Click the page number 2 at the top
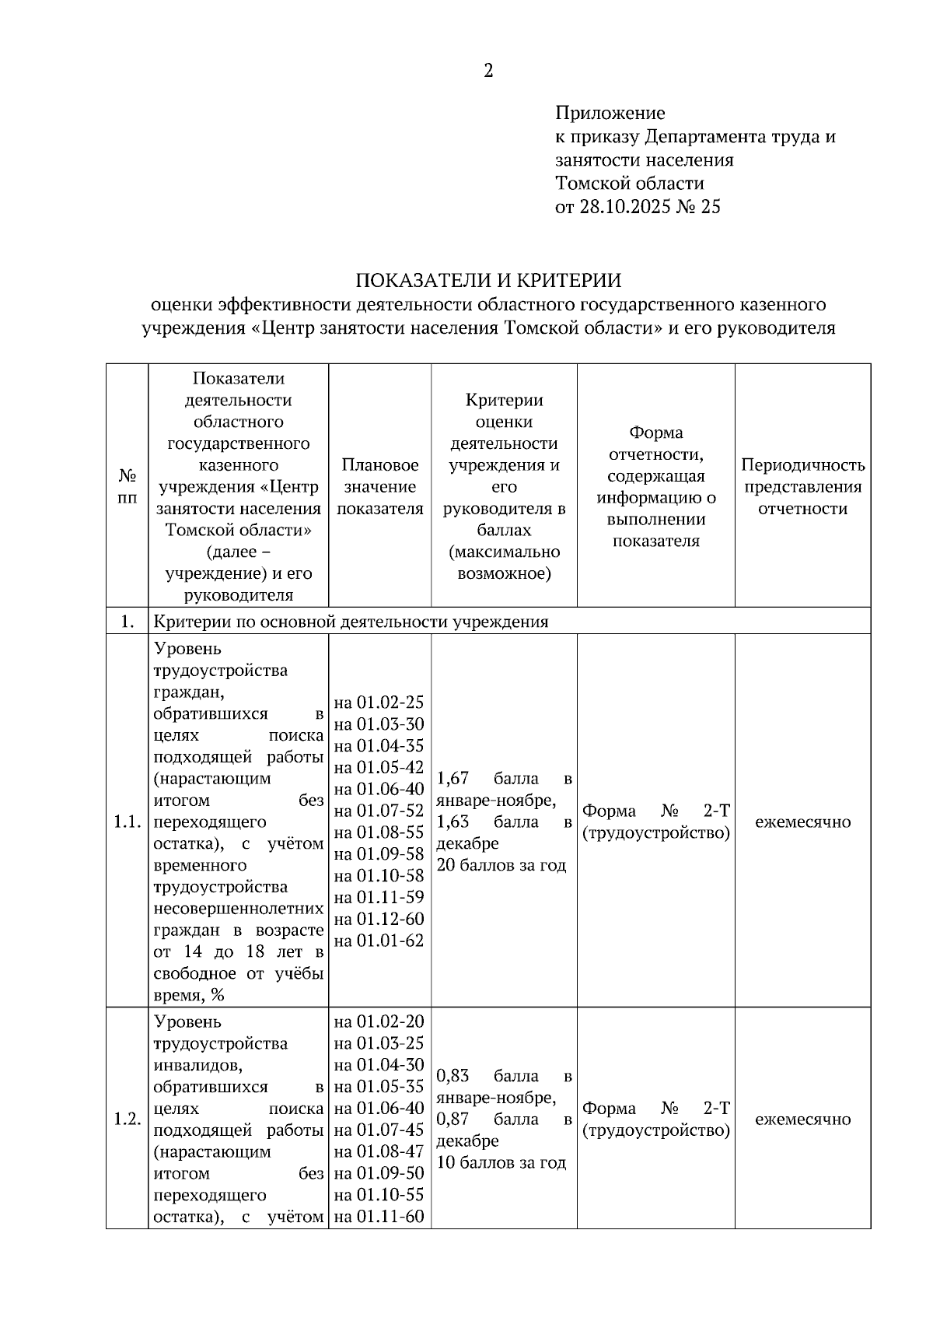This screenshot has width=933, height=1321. [x=488, y=72]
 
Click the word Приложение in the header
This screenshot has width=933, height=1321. [x=610, y=114]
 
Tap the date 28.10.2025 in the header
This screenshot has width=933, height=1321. [x=624, y=207]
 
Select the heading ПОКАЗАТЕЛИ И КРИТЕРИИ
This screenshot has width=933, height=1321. [x=488, y=280]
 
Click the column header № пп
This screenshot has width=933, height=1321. [x=127, y=486]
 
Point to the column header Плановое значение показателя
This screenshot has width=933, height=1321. [x=379, y=486]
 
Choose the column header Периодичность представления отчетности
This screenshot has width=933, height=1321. [x=802, y=486]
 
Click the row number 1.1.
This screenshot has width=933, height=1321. [x=127, y=822]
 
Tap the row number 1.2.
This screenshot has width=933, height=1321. [x=127, y=1119]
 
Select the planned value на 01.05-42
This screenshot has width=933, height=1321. [x=379, y=768]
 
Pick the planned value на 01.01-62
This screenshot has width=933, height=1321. [x=379, y=941]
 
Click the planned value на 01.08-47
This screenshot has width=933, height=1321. [x=379, y=1151]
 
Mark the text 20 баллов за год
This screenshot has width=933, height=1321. [x=501, y=865]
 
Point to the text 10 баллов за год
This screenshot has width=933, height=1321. [x=501, y=1162]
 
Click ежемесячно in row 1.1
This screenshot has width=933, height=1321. [x=802, y=822]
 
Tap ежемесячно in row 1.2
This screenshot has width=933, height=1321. [x=802, y=1119]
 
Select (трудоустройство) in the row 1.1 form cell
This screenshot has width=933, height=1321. [x=655, y=833]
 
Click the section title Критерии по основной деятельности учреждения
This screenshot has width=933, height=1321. [x=351, y=622]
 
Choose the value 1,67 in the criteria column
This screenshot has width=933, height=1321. [x=453, y=779]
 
